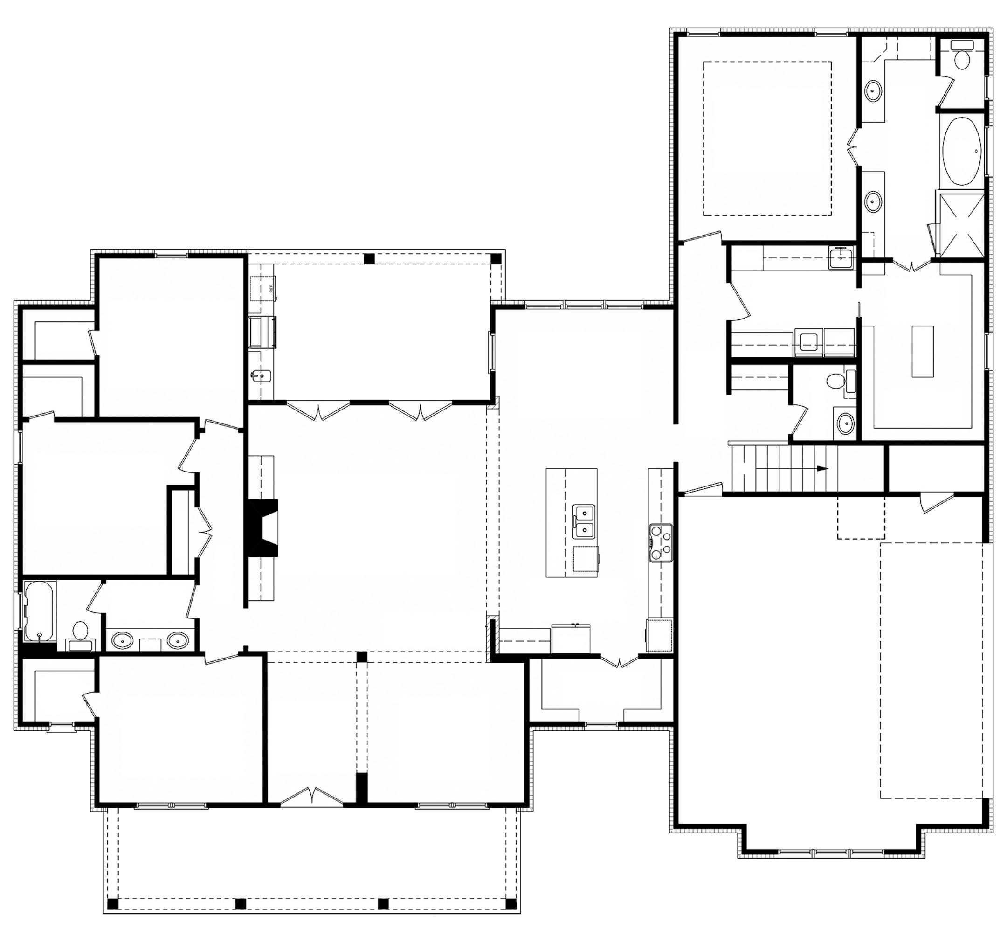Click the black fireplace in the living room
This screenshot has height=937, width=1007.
(x=262, y=528)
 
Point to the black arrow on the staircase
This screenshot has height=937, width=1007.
(x=821, y=469)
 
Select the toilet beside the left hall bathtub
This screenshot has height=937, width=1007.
(x=80, y=634)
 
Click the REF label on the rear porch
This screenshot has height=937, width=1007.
(x=271, y=289)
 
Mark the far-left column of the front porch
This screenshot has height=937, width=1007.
(x=113, y=903)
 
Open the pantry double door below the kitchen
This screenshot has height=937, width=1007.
(x=619, y=661)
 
